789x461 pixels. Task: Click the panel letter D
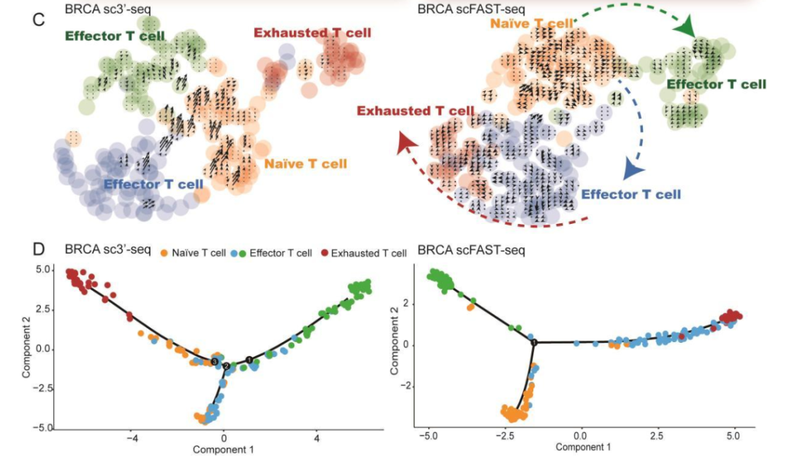tap(42, 249)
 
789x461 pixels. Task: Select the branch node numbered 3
tap(215, 361)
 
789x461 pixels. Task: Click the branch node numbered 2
tap(226, 365)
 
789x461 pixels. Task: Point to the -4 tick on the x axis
tap(132, 438)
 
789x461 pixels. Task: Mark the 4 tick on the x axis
tap(316, 438)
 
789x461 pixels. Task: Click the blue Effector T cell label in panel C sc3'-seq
tap(153, 185)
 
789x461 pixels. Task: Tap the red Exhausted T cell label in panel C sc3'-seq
tap(312, 33)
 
